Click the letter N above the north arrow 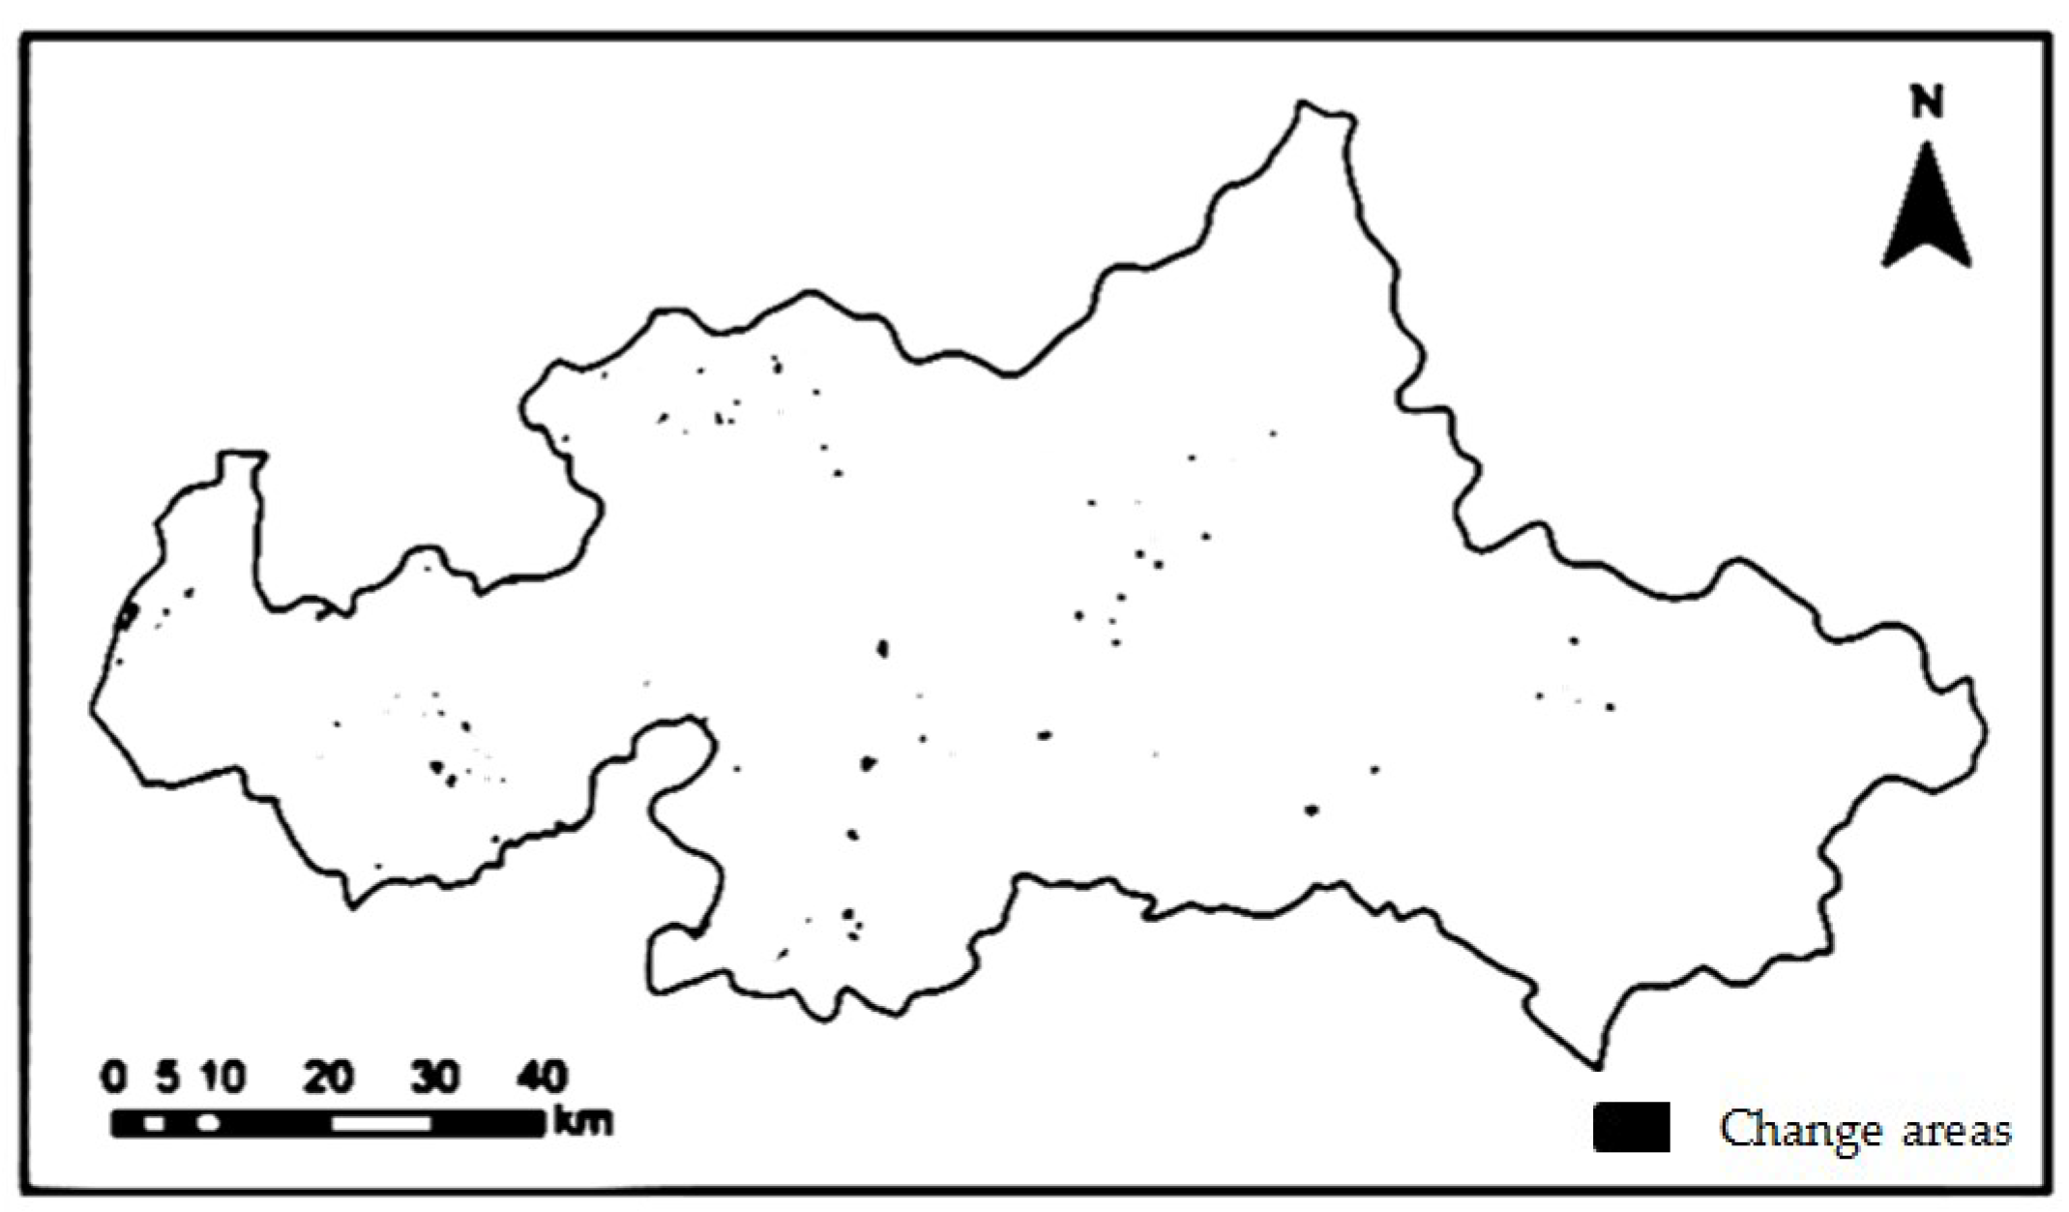click(x=1927, y=102)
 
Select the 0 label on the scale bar click(x=114, y=1077)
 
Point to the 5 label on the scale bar click(x=169, y=1077)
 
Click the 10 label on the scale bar click(x=223, y=1077)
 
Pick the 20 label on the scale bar click(x=329, y=1077)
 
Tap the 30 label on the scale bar click(x=435, y=1077)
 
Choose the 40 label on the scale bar click(x=542, y=1077)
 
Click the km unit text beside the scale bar click(x=583, y=1122)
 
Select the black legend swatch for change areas click(x=1631, y=1127)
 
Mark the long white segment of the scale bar click(x=381, y=1123)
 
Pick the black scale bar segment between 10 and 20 click(x=276, y=1123)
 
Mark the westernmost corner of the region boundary click(x=93, y=709)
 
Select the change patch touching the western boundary click(x=127, y=614)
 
